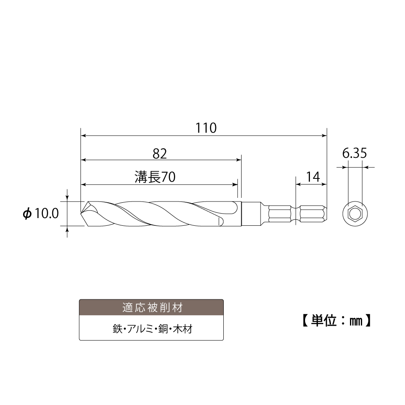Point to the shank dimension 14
point(313,177)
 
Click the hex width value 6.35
point(354,153)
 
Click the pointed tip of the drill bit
point(82,212)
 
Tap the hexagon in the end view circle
point(355,213)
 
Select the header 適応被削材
point(151,307)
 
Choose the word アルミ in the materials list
point(138,329)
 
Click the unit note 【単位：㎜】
point(336,320)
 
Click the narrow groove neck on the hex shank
point(297,213)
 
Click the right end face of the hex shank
point(326,213)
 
